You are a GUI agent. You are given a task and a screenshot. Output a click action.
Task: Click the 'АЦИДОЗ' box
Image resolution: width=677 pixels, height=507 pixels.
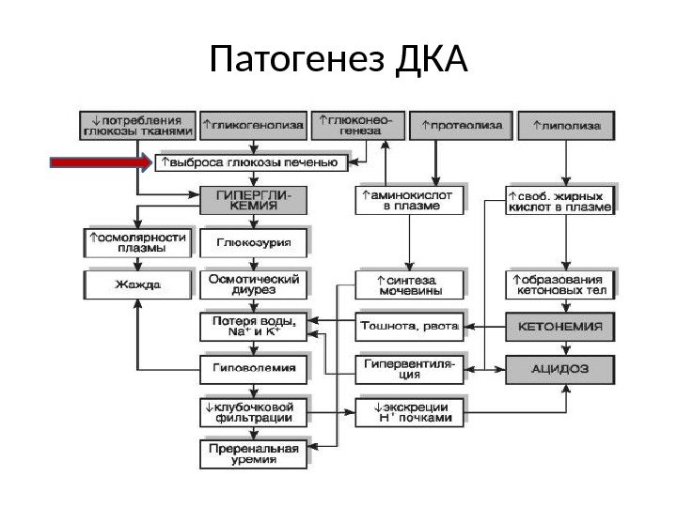point(562,369)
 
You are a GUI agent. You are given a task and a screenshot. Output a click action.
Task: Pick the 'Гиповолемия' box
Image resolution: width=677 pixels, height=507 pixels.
point(254,369)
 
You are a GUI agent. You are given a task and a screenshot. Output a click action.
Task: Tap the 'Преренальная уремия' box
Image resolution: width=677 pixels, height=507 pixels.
point(254,455)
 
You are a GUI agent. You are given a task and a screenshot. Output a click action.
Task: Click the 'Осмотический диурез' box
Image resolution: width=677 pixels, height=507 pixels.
point(254,283)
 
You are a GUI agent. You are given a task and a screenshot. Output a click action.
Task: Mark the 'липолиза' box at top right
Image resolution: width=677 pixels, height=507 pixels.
point(568,124)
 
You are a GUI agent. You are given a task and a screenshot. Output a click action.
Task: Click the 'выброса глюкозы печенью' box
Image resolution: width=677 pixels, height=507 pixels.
point(252,164)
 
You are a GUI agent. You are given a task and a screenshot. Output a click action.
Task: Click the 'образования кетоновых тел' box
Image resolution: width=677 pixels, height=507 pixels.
point(562,284)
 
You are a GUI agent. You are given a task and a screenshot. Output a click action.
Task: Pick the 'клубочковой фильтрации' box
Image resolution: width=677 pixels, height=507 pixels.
point(254,412)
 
